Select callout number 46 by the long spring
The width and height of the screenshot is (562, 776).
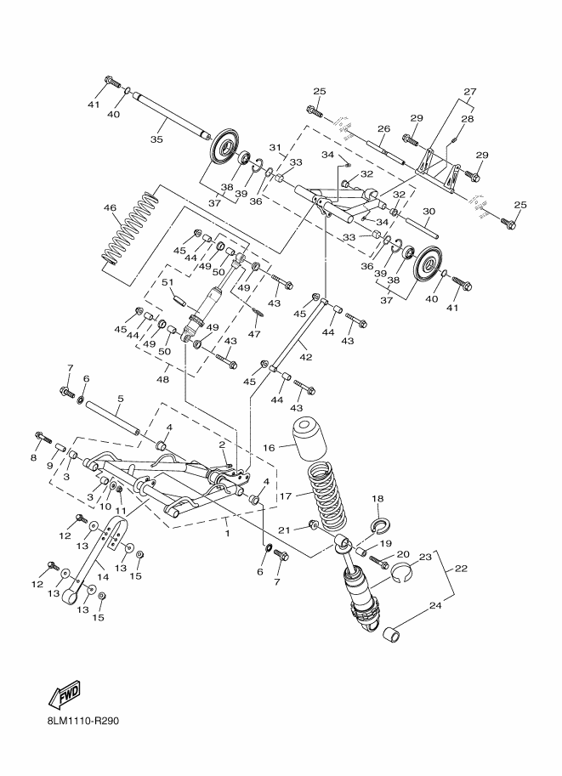coord(110,207)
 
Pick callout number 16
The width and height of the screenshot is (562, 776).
coord(268,447)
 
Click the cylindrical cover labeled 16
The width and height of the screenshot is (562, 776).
coord(311,439)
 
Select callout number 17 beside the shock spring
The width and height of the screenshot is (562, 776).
coord(286,496)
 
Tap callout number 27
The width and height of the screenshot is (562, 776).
coord(469,91)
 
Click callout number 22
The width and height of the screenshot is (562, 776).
coord(460,568)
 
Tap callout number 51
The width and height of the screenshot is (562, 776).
coord(167,283)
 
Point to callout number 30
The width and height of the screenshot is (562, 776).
coord(429,212)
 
